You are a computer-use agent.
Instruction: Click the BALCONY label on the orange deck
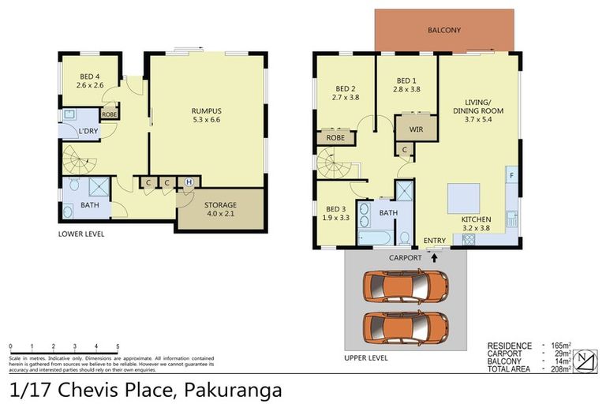coord(443,31)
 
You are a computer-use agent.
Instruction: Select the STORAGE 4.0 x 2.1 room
coord(220,209)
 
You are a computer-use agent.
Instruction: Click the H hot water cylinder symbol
coord(188,182)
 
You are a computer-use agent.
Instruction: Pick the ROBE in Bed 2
coord(335,138)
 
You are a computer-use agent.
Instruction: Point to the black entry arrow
coord(434,257)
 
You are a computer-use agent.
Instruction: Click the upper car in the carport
coord(405,286)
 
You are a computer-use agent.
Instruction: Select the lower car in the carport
coord(405,325)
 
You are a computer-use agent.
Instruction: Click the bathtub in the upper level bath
coord(371,238)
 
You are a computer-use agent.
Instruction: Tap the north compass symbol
coord(584,361)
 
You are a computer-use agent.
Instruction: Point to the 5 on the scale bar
coord(118,346)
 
